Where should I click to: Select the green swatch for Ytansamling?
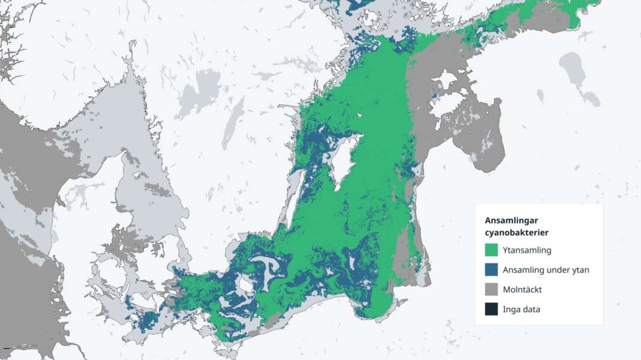click(492, 250)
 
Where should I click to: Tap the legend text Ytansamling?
click(527, 250)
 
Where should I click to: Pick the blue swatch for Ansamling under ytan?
click(492, 270)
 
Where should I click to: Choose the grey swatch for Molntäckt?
click(492, 290)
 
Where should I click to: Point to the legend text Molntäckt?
click(523, 290)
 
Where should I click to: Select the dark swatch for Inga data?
click(492, 310)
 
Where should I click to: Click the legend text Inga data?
click(522, 310)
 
